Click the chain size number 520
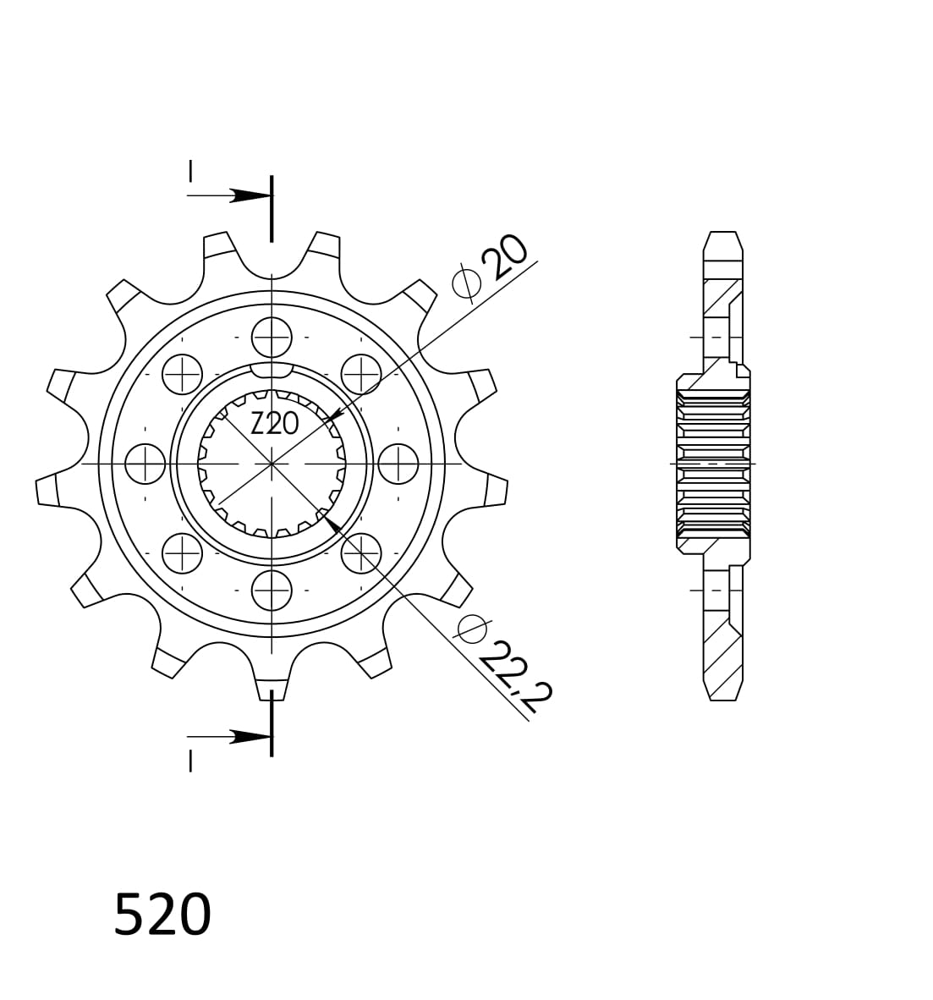162,915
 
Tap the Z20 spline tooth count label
275,423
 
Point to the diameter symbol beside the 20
466,283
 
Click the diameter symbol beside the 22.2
472,628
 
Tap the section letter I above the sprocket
190,171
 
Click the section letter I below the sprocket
190,761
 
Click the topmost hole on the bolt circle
272,338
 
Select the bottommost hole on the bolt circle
272,590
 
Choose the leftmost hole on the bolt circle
145,464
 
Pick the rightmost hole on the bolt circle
398,464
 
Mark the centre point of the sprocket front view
272,464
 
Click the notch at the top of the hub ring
272,371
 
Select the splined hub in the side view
713,464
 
